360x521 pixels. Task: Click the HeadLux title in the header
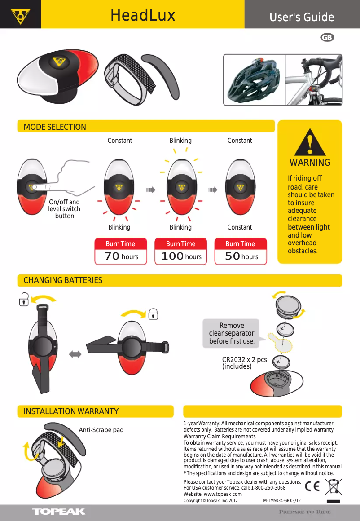coord(143,16)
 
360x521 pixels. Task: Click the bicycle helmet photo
coord(255,80)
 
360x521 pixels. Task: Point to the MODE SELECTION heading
coord(55,127)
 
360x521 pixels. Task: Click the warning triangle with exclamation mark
coord(310,143)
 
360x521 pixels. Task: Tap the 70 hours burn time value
coord(121,256)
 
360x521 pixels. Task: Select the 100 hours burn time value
coord(181,256)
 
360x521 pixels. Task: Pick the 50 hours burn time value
coord(241,256)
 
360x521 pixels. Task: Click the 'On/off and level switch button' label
coord(64,209)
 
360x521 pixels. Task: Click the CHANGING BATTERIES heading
coord(63,280)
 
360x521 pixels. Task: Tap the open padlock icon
coord(24,299)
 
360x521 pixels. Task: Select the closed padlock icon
coord(153,313)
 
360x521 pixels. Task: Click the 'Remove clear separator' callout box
coord(231,333)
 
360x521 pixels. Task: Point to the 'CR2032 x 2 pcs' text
coord(244,360)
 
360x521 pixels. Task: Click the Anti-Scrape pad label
coord(101,430)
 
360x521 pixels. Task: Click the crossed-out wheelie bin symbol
coord(333,486)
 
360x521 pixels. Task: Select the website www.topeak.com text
coord(213,494)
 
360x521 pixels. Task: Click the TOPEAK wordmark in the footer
coord(59,512)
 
